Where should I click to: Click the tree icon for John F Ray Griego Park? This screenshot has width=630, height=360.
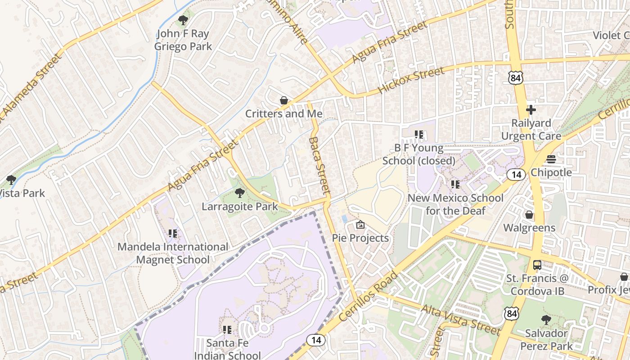(183, 20)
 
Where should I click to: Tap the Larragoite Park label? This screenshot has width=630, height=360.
(240, 207)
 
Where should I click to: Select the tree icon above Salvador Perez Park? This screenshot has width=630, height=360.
(546, 320)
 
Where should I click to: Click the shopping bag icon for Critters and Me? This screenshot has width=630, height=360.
(284, 100)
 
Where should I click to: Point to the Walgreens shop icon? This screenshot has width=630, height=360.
(529, 215)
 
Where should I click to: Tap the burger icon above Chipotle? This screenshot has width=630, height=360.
(551, 159)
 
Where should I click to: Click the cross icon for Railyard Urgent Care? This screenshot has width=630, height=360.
(531, 109)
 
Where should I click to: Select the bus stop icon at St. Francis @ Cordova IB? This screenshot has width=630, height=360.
(537, 265)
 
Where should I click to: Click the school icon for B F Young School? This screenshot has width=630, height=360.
(419, 135)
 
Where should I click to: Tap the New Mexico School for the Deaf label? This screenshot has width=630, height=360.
(455, 204)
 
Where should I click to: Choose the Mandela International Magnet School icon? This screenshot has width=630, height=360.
(173, 233)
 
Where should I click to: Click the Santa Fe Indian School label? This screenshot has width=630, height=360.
(227, 349)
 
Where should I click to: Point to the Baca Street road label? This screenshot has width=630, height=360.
(320, 166)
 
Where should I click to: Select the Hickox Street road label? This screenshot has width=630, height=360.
(411, 80)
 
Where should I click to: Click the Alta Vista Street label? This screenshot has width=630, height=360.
(460, 320)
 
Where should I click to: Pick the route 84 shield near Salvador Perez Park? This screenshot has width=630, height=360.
(511, 314)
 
